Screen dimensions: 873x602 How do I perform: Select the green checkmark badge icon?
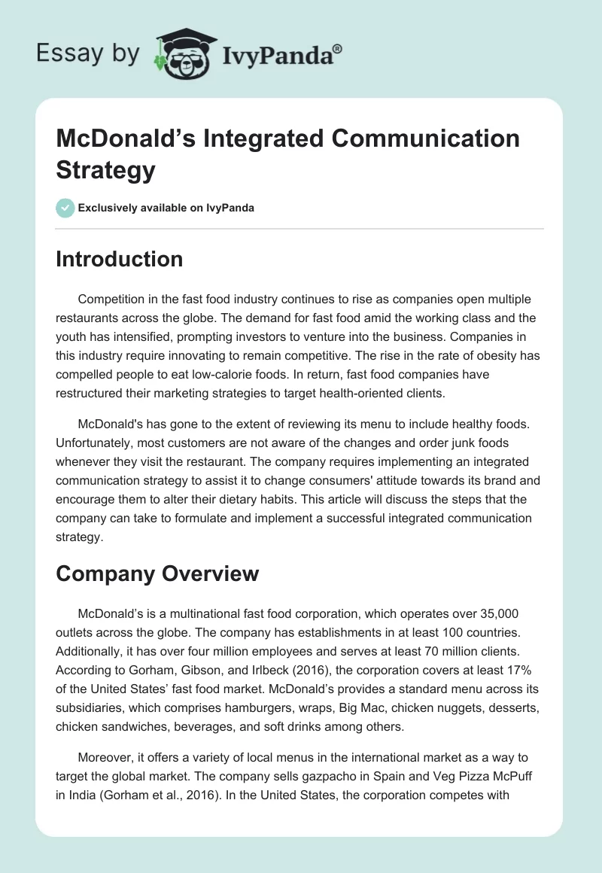point(65,208)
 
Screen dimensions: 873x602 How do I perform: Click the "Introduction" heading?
point(120,260)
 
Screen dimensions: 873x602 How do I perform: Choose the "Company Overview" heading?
point(157,573)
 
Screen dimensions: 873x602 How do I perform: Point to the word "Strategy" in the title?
point(105,169)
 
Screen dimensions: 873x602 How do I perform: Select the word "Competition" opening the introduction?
point(112,300)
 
